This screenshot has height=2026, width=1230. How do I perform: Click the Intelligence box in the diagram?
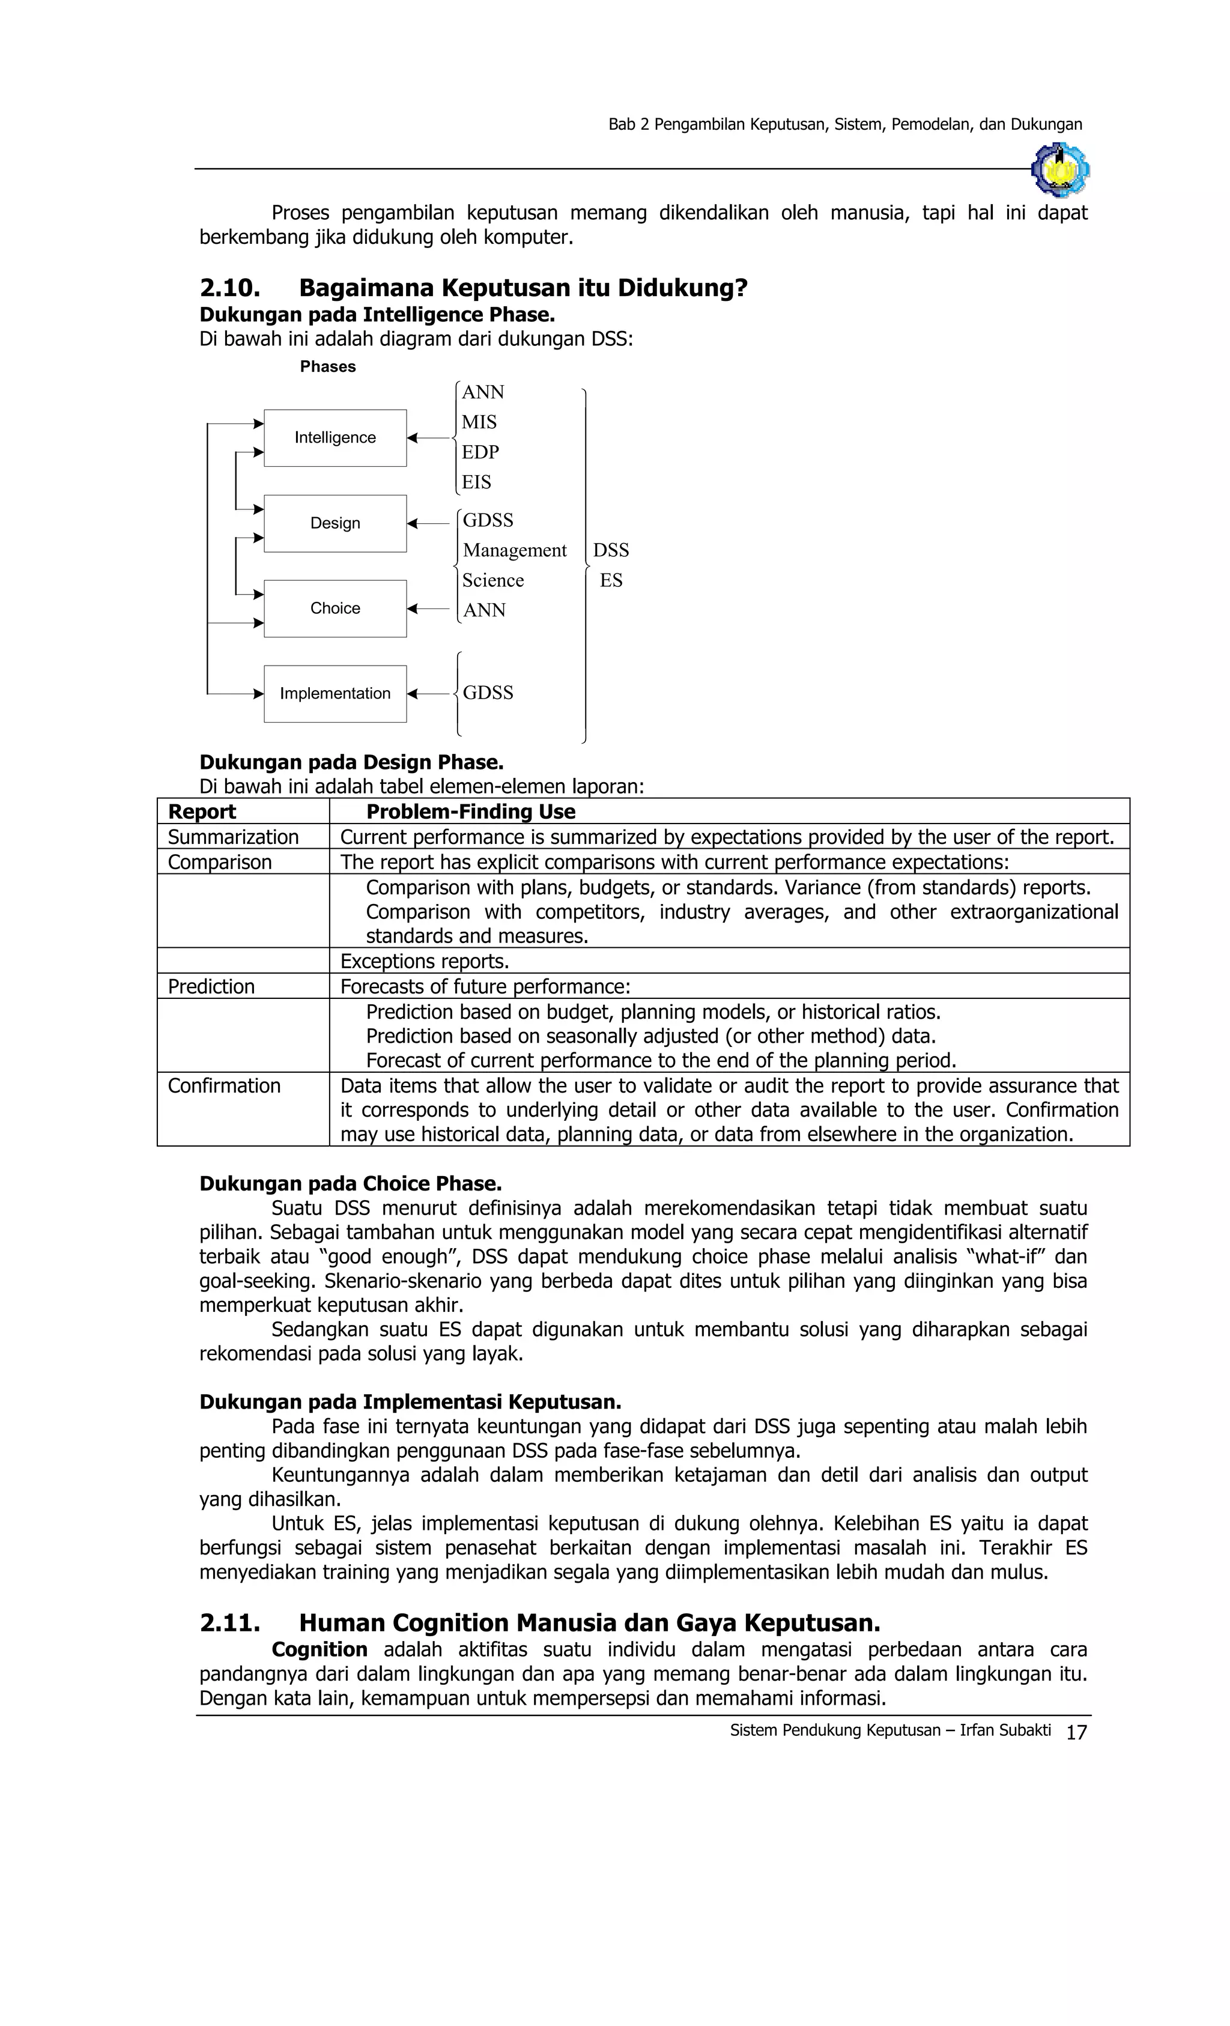pyautogui.click(x=335, y=437)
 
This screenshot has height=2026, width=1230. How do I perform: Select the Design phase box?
pyautogui.click(x=335, y=523)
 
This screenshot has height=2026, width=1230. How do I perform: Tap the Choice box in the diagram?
pyautogui.click(x=335, y=608)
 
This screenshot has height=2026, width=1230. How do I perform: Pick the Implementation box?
pyautogui.click(x=335, y=693)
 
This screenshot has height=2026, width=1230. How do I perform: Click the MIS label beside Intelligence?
pyautogui.click(x=479, y=422)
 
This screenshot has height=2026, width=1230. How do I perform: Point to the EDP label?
pyautogui.click(x=480, y=452)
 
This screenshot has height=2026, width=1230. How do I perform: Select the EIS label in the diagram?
pyautogui.click(x=476, y=482)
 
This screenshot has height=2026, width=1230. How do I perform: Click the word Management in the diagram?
pyautogui.click(x=515, y=550)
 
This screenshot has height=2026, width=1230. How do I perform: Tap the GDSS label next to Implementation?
pyautogui.click(x=488, y=693)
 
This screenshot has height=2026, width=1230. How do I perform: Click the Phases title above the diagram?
pyautogui.click(x=327, y=367)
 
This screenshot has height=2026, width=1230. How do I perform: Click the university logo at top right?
pyautogui.click(x=1060, y=169)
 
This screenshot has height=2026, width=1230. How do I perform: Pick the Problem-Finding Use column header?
pyautogui.click(x=470, y=811)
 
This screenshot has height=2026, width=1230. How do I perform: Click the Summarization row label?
pyautogui.click(x=232, y=837)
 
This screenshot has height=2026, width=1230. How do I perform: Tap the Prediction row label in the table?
pyautogui.click(x=211, y=987)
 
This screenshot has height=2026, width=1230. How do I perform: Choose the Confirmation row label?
pyautogui.click(x=223, y=1085)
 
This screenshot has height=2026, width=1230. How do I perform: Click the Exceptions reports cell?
pyautogui.click(x=424, y=961)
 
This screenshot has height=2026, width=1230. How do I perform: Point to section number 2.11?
pyautogui.click(x=229, y=1622)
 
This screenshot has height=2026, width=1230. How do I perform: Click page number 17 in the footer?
pyautogui.click(x=1076, y=1732)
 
